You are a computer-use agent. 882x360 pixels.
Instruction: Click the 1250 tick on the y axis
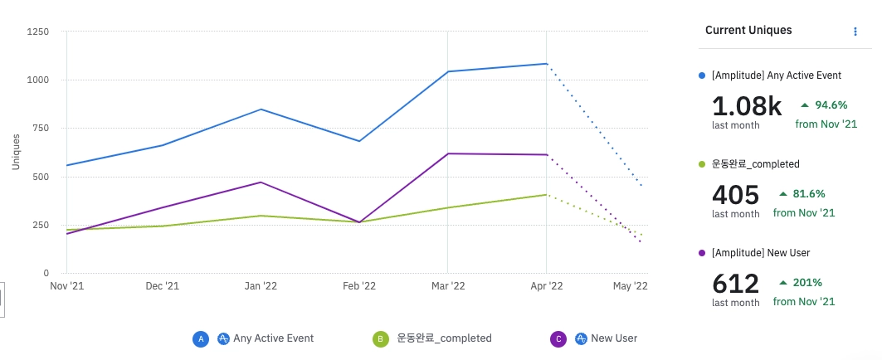pyautogui.click(x=38, y=32)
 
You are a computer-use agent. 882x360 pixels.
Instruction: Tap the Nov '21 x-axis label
pyautogui.click(x=67, y=286)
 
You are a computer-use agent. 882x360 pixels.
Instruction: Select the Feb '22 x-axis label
pyautogui.click(x=358, y=286)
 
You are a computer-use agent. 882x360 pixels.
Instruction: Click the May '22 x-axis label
pyautogui.click(x=631, y=286)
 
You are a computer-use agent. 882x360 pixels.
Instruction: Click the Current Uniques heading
pyautogui.click(x=748, y=31)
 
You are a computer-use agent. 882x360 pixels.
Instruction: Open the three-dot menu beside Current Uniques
pyautogui.click(x=855, y=32)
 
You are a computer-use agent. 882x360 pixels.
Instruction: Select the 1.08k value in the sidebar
pyautogui.click(x=747, y=105)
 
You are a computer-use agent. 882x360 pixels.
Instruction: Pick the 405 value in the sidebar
pyautogui.click(x=735, y=195)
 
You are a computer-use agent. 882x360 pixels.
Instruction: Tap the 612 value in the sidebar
pyautogui.click(x=735, y=284)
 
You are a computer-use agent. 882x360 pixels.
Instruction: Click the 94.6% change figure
pyautogui.click(x=831, y=105)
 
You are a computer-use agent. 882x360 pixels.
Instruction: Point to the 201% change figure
pyautogui.click(x=807, y=283)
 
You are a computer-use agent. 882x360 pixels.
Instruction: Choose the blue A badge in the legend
pyautogui.click(x=200, y=338)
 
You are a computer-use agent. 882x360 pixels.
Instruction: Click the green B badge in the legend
pyautogui.click(x=380, y=338)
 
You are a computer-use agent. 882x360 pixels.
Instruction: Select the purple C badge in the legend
pyautogui.click(x=558, y=338)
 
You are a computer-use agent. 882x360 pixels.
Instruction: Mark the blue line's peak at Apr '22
pyautogui.click(x=545, y=64)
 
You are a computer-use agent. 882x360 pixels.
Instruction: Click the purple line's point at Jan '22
pyautogui.click(x=261, y=182)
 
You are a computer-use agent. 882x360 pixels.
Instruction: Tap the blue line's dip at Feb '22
pyautogui.click(x=358, y=141)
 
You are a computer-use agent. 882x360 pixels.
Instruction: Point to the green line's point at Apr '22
pyautogui.click(x=545, y=195)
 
